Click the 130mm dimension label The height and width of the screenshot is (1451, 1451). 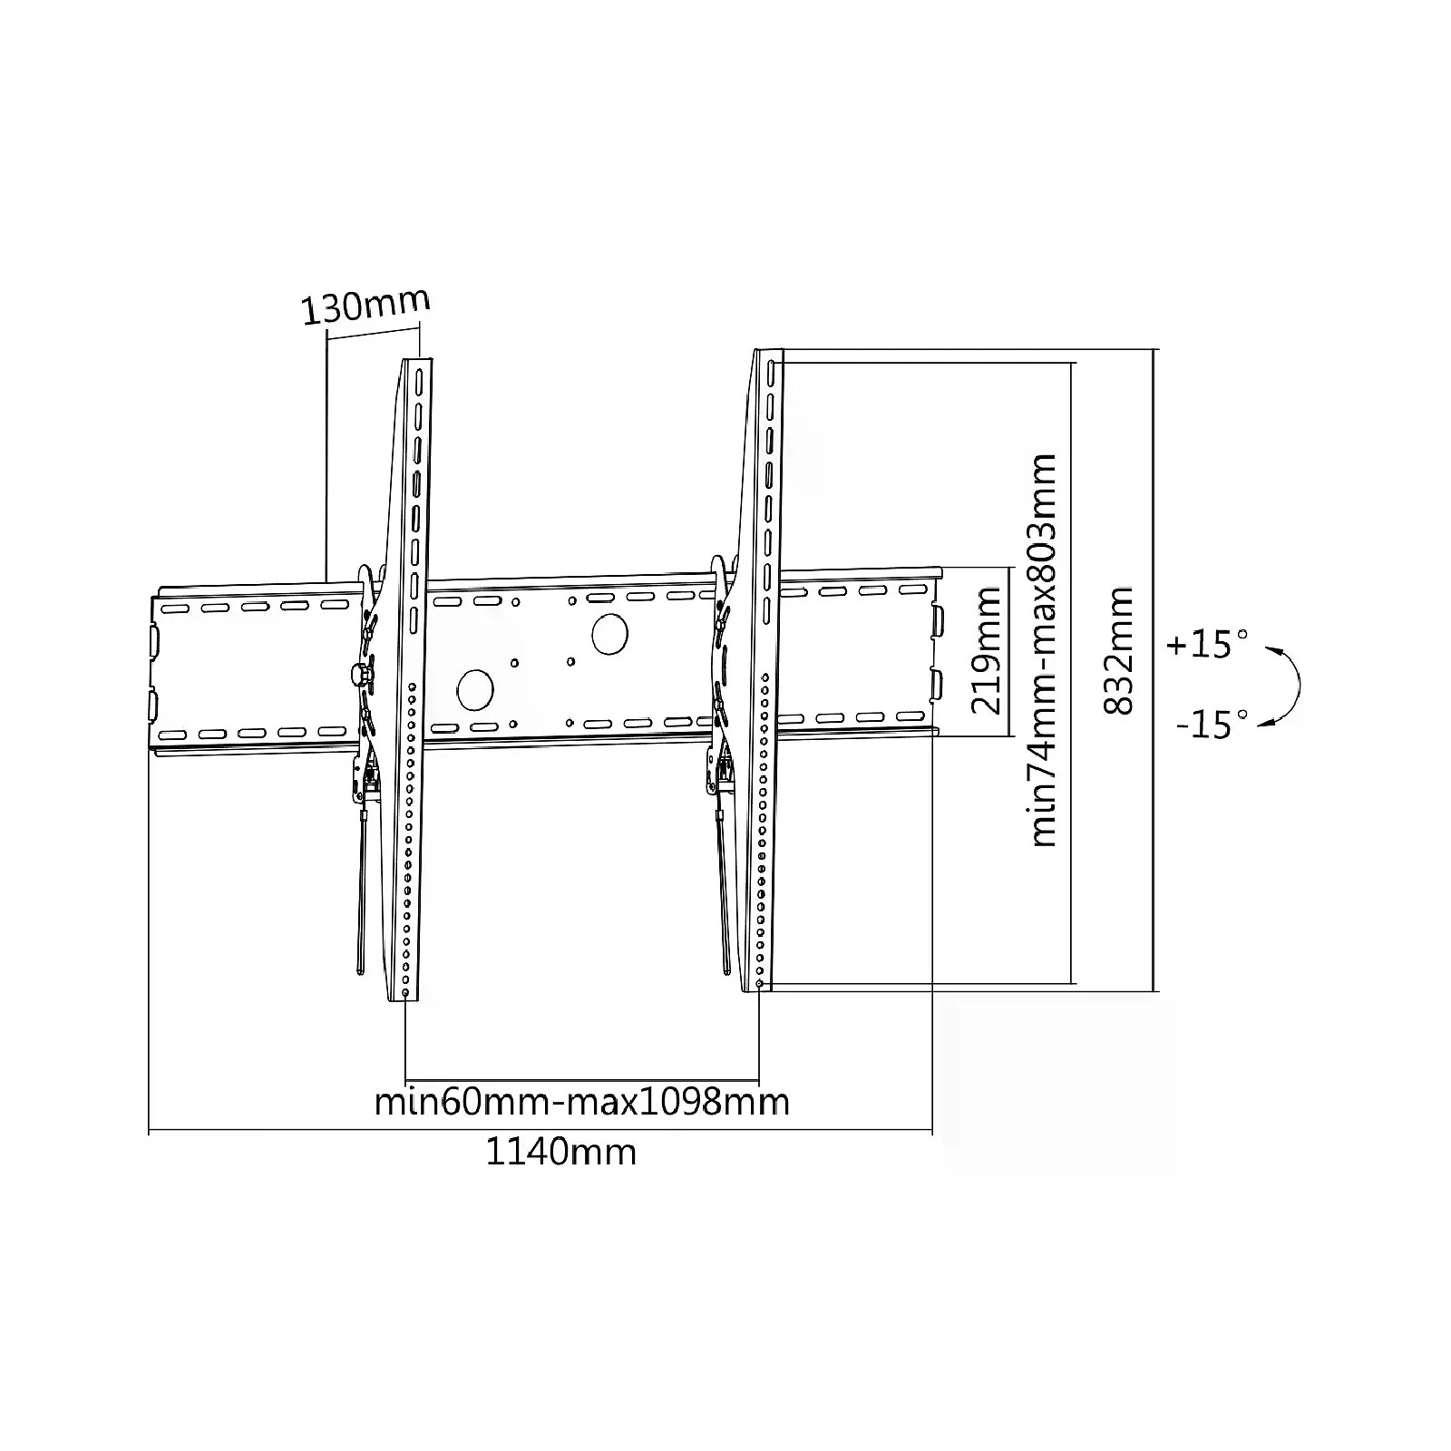tap(365, 307)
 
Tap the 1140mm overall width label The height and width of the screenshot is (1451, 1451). tap(561, 1152)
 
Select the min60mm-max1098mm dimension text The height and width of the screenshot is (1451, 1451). tap(581, 1102)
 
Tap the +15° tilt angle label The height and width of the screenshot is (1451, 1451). tap(1207, 645)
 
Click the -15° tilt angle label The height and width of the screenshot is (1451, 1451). tap(1211, 725)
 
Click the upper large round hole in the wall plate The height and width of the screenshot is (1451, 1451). tap(609, 633)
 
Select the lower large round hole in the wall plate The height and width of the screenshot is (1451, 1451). tap(474, 689)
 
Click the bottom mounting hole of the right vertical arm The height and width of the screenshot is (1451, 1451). tap(758, 984)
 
